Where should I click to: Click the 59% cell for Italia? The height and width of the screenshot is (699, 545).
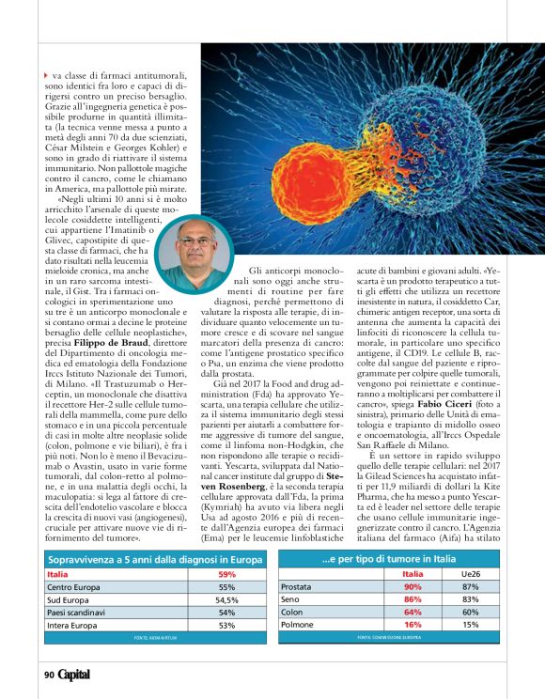(226, 574)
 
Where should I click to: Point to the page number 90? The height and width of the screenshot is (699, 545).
(49, 675)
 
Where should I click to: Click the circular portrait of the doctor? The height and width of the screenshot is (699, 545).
(195, 254)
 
